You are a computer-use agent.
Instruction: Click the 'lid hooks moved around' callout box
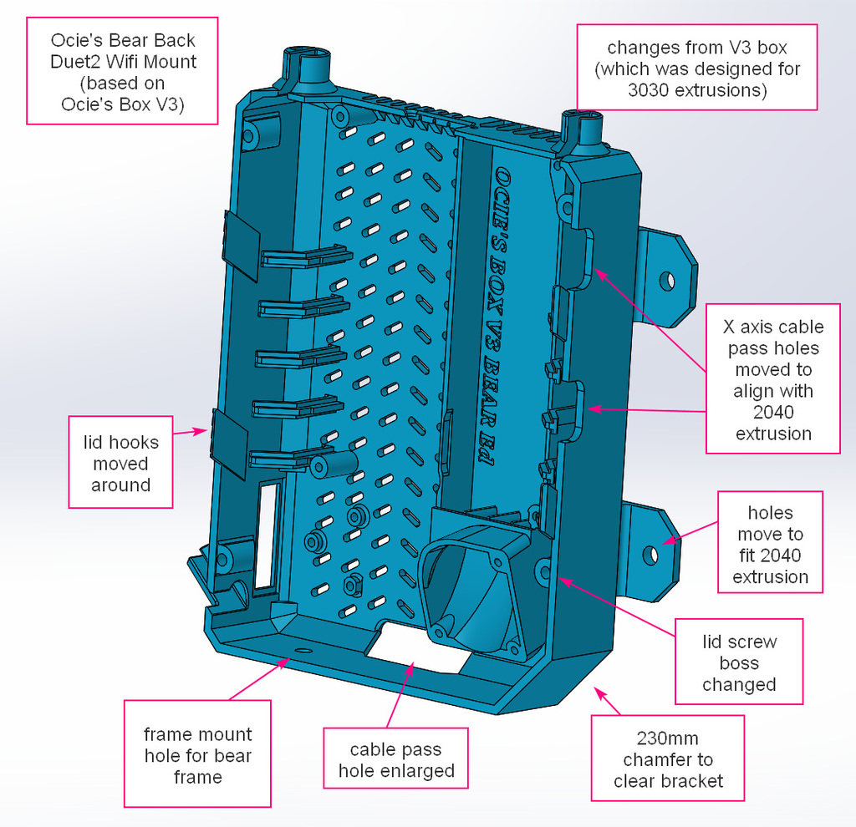point(120,463)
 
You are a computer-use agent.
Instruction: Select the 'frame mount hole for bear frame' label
point(197,754)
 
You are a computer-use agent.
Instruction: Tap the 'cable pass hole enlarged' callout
point(395,759)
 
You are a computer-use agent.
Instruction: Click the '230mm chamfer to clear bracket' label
point(667,759)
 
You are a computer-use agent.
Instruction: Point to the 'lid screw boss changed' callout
point(738,662)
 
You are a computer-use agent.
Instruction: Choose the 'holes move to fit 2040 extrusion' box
point(770,544)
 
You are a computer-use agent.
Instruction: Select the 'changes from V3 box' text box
point(696,68)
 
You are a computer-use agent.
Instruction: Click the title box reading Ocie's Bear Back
point(122,71)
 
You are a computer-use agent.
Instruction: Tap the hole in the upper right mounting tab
point(666,280)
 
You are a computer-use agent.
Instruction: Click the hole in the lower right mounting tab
point(650,553)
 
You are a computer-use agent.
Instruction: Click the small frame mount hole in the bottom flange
point(303,649)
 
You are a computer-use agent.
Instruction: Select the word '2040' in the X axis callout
point(772,412)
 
